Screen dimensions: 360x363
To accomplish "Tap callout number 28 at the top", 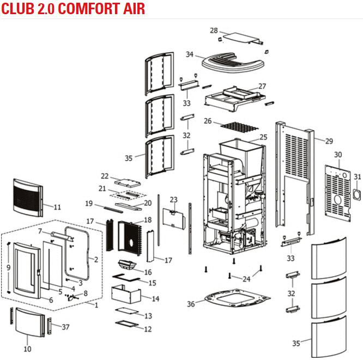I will (214, 30).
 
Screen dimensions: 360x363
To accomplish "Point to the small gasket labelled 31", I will (357, 194).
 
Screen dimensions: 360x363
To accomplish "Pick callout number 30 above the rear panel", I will (338, 155).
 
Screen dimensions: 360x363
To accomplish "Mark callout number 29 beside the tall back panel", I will (329, 142).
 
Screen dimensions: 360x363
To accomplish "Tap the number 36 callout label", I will (190, 304).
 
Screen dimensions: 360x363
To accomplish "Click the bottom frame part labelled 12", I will (130, 325).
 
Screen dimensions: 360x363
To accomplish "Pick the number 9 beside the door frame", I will (8, 267).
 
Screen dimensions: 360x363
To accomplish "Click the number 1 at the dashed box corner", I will (97, 305).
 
